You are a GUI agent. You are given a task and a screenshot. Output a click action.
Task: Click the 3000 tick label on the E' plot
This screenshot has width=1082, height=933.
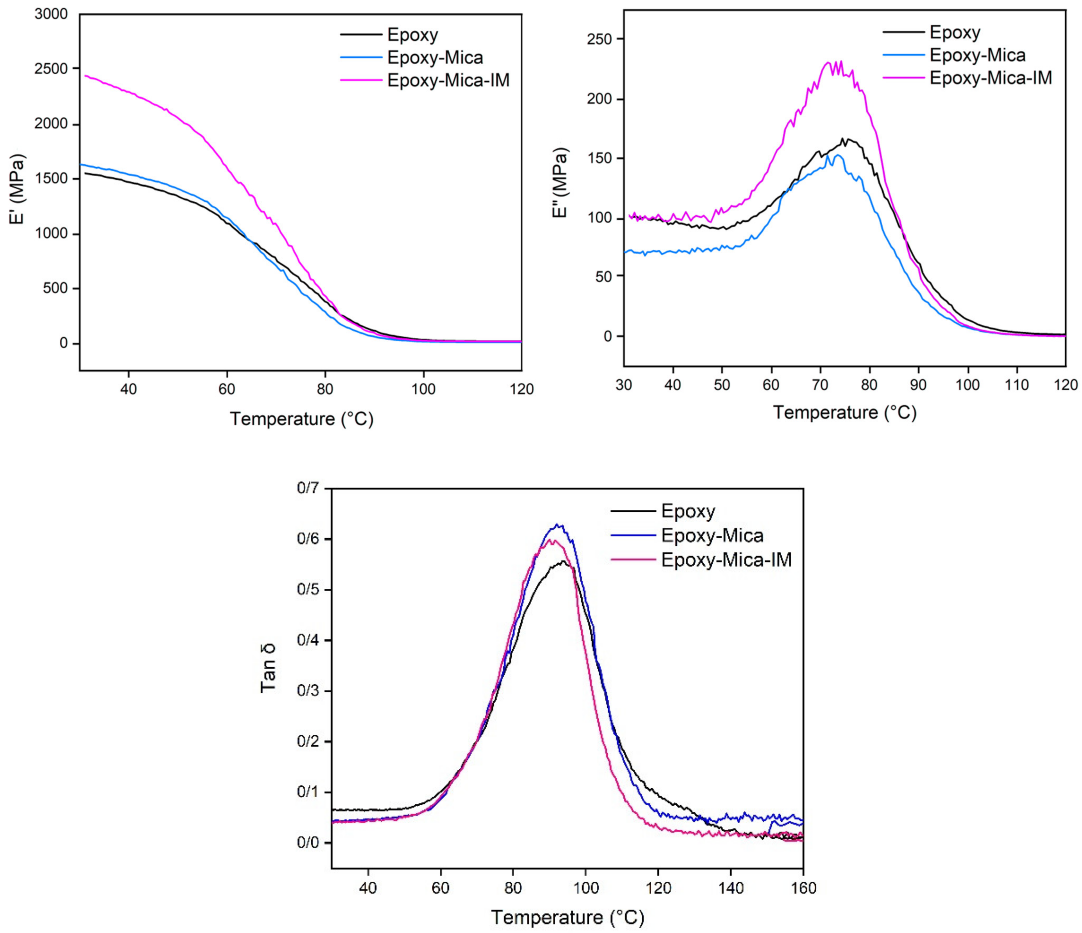(x=51, y=14)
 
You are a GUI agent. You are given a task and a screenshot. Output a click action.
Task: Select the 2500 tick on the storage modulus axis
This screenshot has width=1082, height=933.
(x=51, y=69)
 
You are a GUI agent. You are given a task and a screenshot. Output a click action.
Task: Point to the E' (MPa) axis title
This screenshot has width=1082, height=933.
(x=17, y=189)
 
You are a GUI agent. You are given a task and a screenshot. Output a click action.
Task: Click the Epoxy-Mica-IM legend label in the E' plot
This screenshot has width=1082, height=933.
(x=448, y=80)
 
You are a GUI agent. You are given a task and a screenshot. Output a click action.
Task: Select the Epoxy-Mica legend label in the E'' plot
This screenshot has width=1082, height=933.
(x=978, y=55)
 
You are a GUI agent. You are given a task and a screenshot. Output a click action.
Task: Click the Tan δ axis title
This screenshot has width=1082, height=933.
(x=268, y=669)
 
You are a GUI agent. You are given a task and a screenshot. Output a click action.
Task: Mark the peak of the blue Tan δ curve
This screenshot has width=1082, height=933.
(x=558, y=525)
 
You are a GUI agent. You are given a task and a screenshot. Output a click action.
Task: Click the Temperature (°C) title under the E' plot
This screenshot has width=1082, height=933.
(x=302, y=419)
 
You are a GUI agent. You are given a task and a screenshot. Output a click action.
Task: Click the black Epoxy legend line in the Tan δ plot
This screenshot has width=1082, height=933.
(x=633, y=511)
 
